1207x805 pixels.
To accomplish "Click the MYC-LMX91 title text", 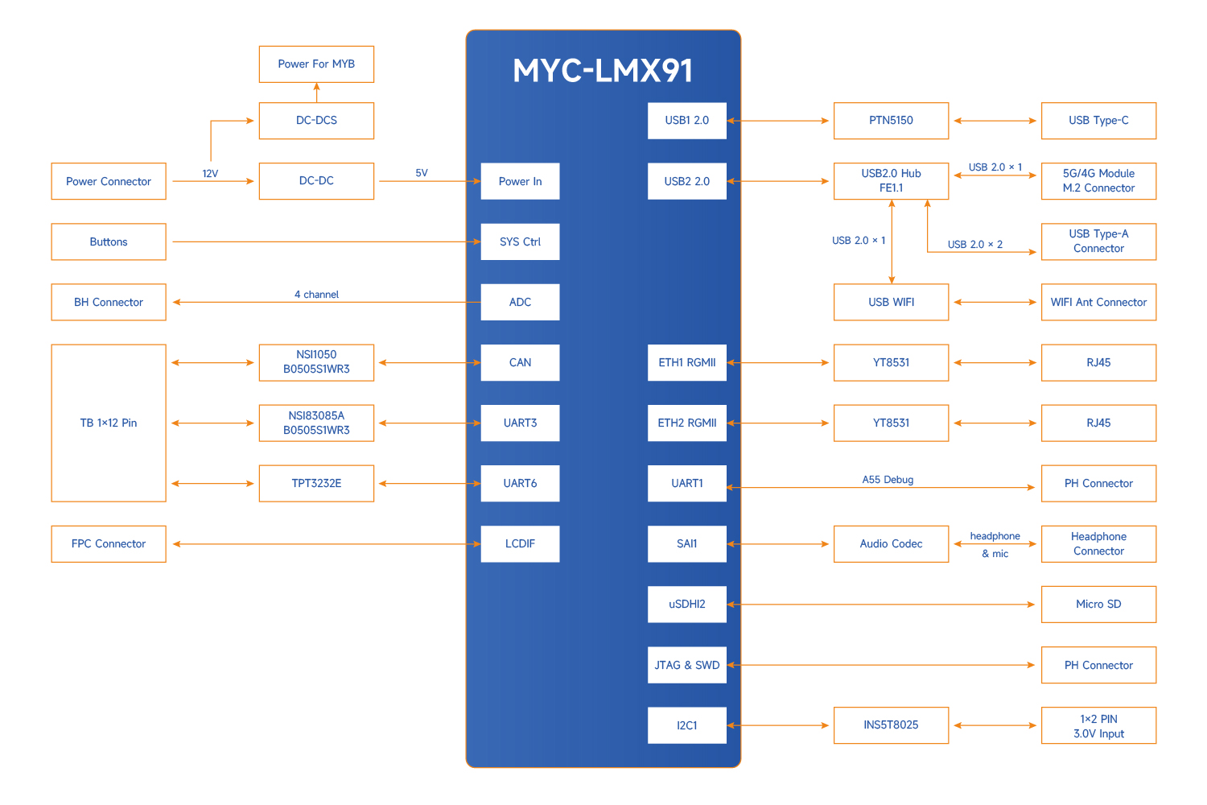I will [603, 71].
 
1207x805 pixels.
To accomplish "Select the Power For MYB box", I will [316, 64].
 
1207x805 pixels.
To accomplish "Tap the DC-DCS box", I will [316, 121].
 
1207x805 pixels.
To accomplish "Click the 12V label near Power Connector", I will [210, 174].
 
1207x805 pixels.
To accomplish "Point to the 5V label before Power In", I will [422, 173].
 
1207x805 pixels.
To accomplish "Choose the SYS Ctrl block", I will [520, 242].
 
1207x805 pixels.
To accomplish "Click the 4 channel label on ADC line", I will [316, 295].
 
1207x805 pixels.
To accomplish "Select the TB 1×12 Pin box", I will [109, 423].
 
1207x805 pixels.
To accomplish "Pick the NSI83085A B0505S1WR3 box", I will [316, 423].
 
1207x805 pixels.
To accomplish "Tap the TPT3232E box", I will [316, 483].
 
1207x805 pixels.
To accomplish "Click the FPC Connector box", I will [109, 544].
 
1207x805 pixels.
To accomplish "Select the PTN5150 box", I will [891, 121].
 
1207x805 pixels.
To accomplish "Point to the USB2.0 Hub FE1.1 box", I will [891, 181].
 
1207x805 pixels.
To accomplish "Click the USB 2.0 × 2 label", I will [974, 245].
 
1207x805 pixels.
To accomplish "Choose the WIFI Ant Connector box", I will [1098, 302].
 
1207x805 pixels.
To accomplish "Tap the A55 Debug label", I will [888, 480].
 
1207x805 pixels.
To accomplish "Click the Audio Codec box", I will [891, 544].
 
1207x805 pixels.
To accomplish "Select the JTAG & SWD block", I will [686, 665].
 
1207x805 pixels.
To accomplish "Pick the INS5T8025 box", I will [891, 725].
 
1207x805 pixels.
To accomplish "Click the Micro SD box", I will [1098, 605].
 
